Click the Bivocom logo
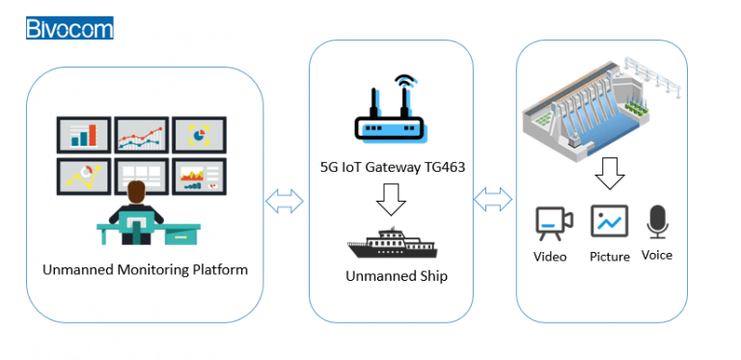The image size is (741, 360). click(x=69, y=27)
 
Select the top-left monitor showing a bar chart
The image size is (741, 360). click(x=84, y=134)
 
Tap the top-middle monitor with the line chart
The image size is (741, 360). click(x=142, y=135)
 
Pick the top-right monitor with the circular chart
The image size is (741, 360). click(x=199, y=135)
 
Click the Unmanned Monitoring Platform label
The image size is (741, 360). click(x=145, y=269)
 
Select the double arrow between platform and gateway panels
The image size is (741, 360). click(x=285, y=201)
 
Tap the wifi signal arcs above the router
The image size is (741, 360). click(x=405, y=86)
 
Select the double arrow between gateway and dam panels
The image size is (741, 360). click(x=494, y=201)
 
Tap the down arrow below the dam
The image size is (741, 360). click(x=609, y=174)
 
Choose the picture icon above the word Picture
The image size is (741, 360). click(x=609, y=222)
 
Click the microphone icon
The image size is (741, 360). click(x=657, y=221)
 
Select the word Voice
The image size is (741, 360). click(x=657, y=255)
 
